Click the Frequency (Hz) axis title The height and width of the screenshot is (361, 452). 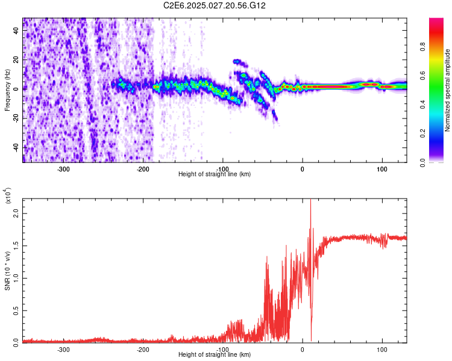[x=7, y=90]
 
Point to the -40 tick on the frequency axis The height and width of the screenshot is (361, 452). [x=16, y=147]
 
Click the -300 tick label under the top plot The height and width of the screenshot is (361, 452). [x=64, y=168]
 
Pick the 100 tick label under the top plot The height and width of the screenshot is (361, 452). [x=381, y=168]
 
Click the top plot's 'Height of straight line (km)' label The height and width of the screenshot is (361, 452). [x=215, y=174]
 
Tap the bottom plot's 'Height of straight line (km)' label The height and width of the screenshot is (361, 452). [x=215, y=355]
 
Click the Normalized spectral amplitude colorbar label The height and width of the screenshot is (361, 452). [x=448, y=90]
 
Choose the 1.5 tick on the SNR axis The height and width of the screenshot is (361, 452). [x=17, y=245]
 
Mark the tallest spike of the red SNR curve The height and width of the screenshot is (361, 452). [x=310, y=201]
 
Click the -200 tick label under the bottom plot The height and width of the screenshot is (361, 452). [x=143, y=349]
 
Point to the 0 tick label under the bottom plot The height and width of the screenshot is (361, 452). [x=303, y=349]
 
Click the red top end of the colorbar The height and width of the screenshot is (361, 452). [x=436, y=20]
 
